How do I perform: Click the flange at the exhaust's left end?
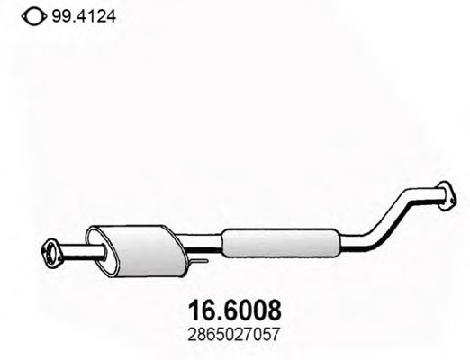pyautogui.click(x=52, y=248)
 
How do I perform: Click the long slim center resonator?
pyautogui.click(x=279, y=240)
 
